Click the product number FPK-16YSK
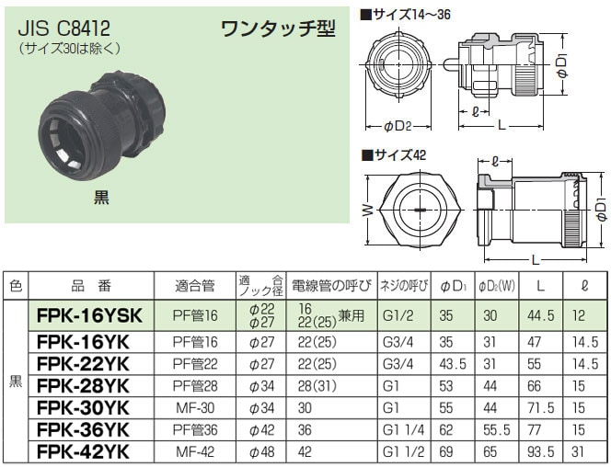89,315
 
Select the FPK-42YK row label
83,451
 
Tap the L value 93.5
540,451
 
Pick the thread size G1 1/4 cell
403,430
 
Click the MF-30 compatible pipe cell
195,408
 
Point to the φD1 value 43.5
453,364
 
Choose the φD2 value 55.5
497,430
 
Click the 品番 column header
91,286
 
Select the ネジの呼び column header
404,286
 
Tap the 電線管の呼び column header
331,286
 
